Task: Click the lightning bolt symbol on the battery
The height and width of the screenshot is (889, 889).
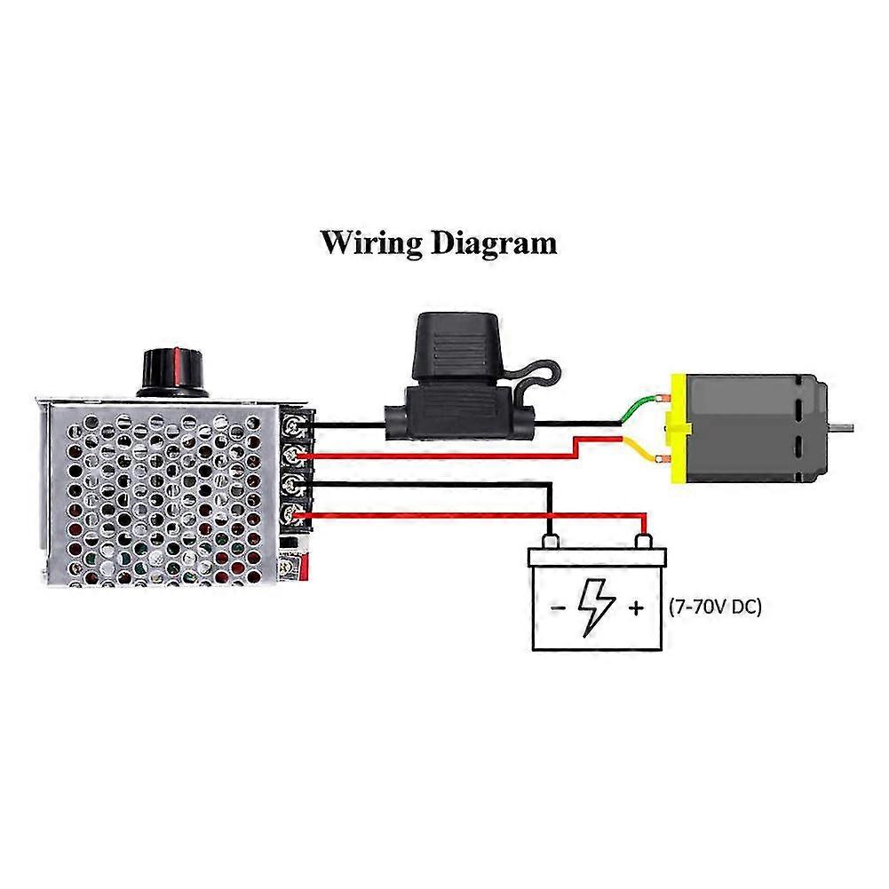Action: pyautogui.click(x=592, y=607)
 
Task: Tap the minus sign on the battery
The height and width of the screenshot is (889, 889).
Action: pyautogui.click(x=555, y=608)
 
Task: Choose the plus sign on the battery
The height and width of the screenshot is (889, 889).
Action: pyautogui.click(x=636, y=608)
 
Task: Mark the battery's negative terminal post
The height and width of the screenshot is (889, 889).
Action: pyautogui.click(x=551, y=540)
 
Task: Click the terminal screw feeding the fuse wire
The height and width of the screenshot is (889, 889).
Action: pyautogui.click(x=291, y=426)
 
